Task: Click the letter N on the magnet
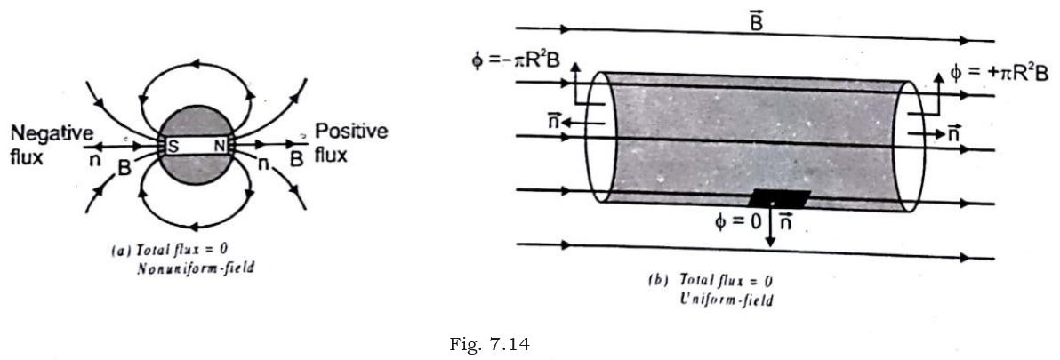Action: [x=219, y=146]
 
